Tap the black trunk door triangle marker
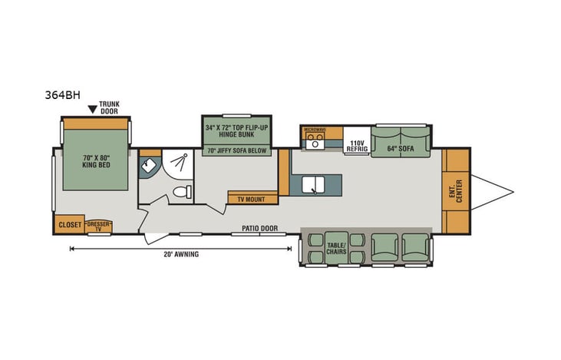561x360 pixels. click(92, 109)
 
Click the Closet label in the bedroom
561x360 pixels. click(70, 224)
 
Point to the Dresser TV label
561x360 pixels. click(98, 225)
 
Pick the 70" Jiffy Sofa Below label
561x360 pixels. click(236, 150)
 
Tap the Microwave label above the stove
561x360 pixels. click(315, 130)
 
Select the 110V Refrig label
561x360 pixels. click(355, 146)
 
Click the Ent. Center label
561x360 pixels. click(457, 190)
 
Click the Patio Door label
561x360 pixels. click(259, 228)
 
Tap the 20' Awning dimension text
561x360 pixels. click(181, 254)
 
